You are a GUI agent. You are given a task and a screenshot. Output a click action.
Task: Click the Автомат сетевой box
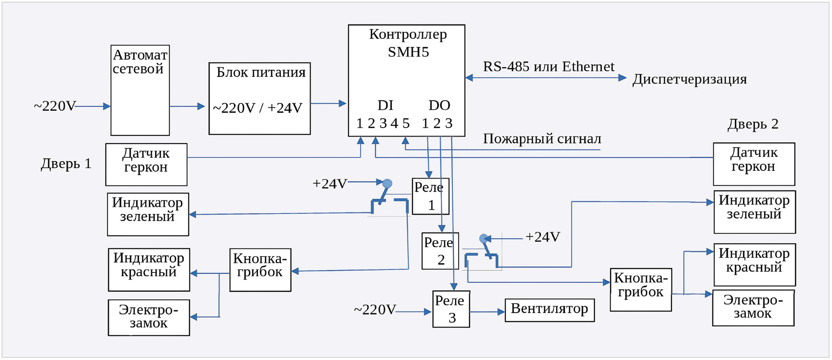click(x=140, y=90)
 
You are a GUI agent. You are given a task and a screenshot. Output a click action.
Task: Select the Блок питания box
click(x=260, y=98)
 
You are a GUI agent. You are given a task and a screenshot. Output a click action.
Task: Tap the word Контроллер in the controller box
click(x=408, y=34)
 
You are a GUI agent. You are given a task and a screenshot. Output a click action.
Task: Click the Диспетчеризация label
click(x=689, y=79)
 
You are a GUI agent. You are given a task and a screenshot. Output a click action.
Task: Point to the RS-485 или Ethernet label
click(x=548, y=67)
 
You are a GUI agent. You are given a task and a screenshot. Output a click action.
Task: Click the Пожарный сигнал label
click(x=542, y=139)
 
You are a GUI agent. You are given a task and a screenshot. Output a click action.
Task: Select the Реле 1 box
click(x=430, y=196)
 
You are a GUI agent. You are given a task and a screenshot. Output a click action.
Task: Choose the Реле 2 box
click(x=440, y=251)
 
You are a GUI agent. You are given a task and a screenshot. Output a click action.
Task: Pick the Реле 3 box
click(x=451, y=309)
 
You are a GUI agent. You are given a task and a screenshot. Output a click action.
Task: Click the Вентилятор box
click(x=549, y=310)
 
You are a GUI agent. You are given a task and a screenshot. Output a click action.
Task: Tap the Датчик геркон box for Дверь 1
click(x=146, y=164)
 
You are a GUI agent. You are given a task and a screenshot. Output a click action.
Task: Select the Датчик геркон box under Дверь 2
click(x=754, y=164)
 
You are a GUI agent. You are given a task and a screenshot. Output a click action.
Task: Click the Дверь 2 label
click(x=753, y=124)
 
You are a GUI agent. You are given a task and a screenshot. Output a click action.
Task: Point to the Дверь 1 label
click(x=66, y=164)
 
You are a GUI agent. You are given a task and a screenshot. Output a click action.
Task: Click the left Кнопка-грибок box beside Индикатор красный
click(x=260, y=270)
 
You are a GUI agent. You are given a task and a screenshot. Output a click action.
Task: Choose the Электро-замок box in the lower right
click(x=753, y=308)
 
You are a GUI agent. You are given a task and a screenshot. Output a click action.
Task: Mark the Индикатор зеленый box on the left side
click(x=148, y=214)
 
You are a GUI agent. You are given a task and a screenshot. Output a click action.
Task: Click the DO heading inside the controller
click(x=439, y=105)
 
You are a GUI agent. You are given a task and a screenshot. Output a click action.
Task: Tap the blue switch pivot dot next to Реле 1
click(x=387, y=183)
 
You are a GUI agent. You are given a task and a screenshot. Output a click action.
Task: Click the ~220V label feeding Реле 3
click(x=375, y=310)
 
